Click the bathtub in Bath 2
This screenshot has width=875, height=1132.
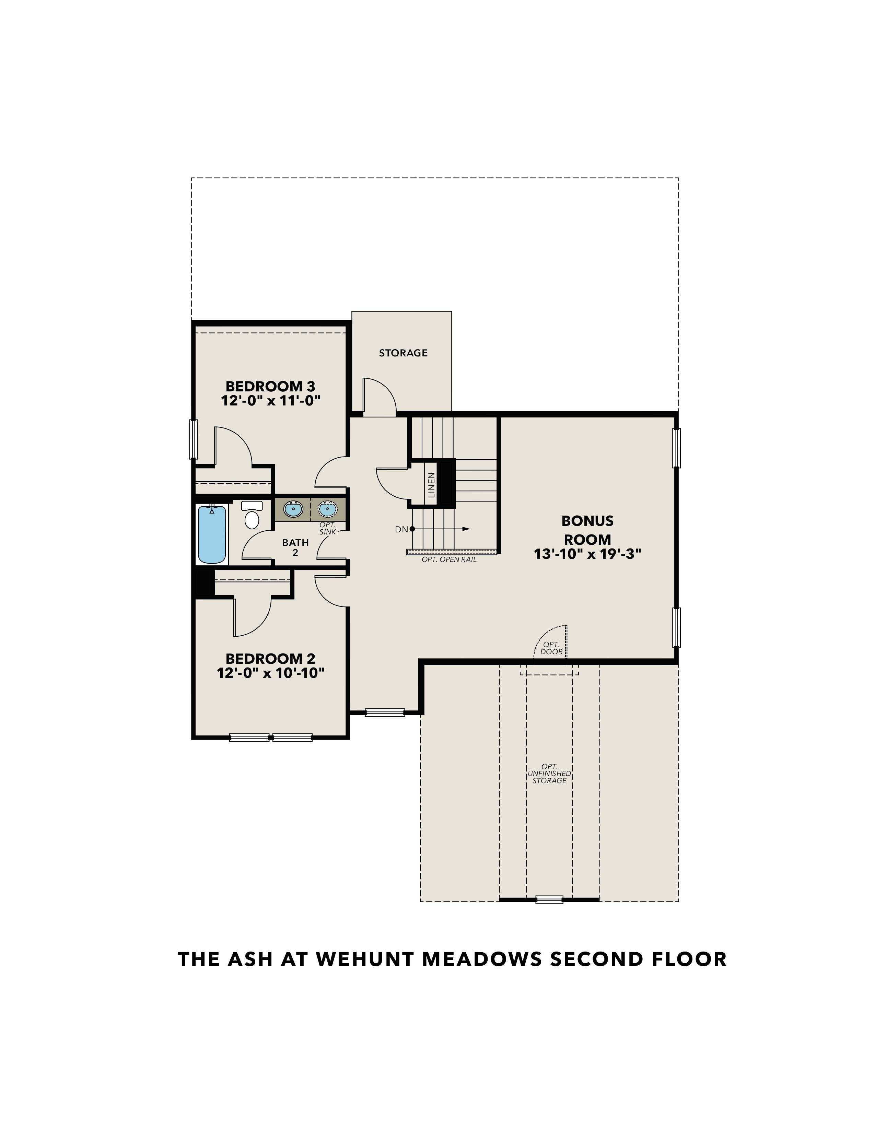pyautogui.click(x=212, y=535)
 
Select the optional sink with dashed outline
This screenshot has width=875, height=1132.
pyautogui.click(x=327, y=509)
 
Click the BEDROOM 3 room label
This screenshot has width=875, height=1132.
pyautogui.click(x=270, y=386)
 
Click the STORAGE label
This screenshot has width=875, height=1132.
pyautogui.click(x=403, y=353)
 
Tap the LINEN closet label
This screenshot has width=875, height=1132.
pyautogui.click(x=431, y=485)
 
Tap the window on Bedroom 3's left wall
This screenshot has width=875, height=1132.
pyautogui.click(x=193, y=439)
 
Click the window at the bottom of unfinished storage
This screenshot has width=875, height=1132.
pyautogui.click(x=549, y=899)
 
